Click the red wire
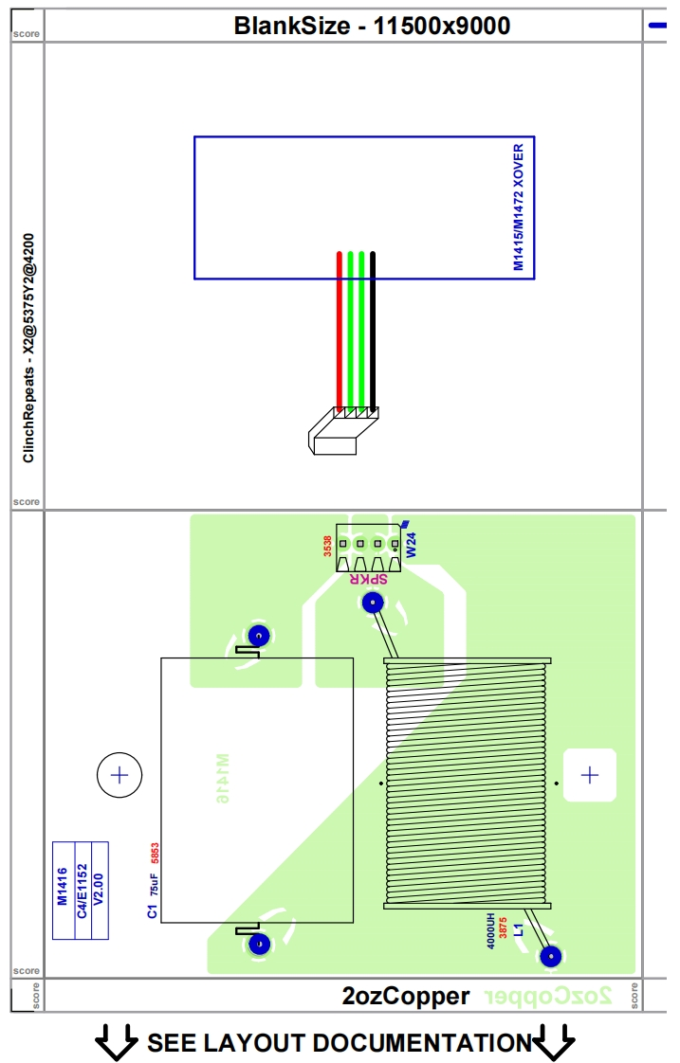339,332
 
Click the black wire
373,332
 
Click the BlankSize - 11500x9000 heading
372,26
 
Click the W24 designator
412,544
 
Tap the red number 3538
328,546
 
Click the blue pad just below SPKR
373,602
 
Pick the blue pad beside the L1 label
550,956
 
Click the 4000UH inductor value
491,930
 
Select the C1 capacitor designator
152,911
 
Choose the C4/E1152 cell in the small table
82,891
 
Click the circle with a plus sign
119,775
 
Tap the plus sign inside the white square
590,775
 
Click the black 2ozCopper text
406,996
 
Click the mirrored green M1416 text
222,779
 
